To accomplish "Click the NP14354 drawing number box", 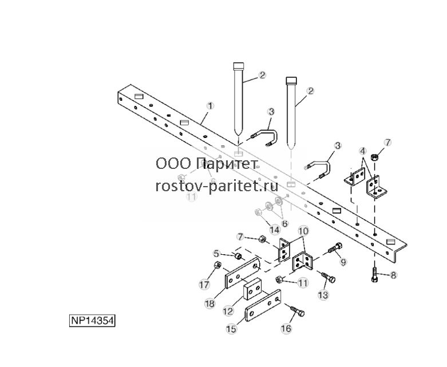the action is click(x=92, y=321).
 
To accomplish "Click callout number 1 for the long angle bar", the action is click(x=210, y=106).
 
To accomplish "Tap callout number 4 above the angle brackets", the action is click(x=363, y=151).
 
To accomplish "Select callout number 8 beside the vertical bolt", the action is click(x=393, y=275).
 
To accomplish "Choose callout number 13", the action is click(x=323, y=295).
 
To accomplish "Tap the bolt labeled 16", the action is click(x=298, y=311).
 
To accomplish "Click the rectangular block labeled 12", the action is click(x=252, y=289).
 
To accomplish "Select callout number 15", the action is click(x=231, y=329).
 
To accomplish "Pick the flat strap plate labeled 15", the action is click(x=263, y=305).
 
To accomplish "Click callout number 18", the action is click(x=209, y=303).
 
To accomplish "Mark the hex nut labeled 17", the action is click(x=217, y=265).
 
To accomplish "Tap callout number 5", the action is click(x=217, y=253).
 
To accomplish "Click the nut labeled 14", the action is click(x=258, y=212).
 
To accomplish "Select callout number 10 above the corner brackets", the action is click(x=303, y=231).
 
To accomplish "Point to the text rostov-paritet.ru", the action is click(x=217, y=186).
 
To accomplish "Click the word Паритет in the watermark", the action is click(x=227, y=164).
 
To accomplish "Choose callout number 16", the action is click(x=286, y=329).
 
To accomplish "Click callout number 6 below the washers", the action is click(x=285, y=223).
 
